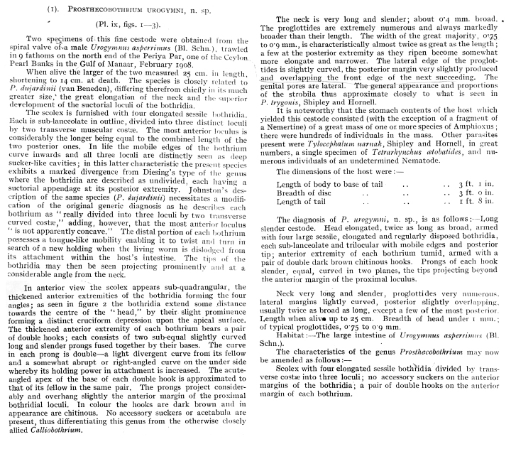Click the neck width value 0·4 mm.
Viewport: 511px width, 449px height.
coord(437,9)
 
